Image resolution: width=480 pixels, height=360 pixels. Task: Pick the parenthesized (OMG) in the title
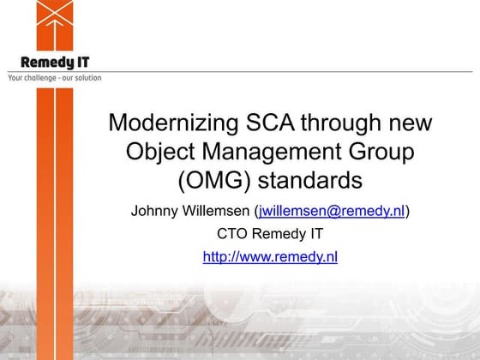[209, 182]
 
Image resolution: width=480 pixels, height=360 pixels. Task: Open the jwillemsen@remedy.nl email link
[332, 211]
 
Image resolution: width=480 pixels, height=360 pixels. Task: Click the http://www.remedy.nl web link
[270, 256]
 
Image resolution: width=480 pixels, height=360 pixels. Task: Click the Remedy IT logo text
[54, 62]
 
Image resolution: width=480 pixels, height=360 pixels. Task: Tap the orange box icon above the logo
[54, 24]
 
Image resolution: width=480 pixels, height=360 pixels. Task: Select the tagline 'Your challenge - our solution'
[54, 78]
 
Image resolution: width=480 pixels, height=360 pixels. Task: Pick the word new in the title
[410, 123]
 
